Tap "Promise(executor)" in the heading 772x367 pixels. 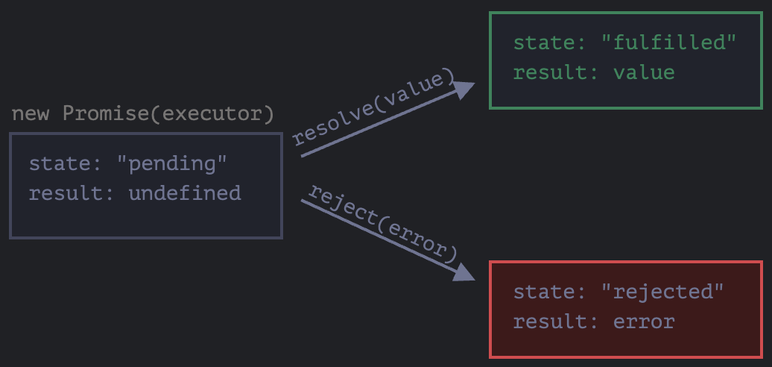(x=168, y=114)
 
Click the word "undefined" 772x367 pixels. (x=185, y=194)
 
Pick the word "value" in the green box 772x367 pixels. (x=644, y=72)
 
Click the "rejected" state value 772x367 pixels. (x=662, y=291)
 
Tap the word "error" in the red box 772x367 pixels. (x=644, y=321)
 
